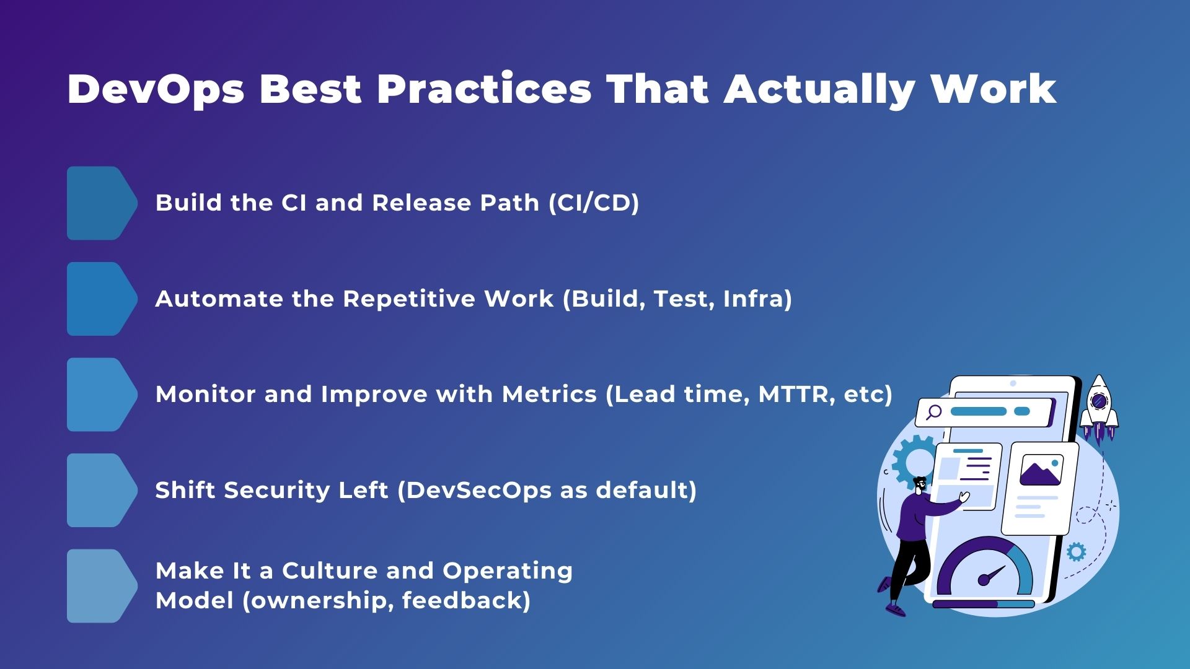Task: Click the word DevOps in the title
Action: (x=156, y=90)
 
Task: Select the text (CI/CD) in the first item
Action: (x=594, y=203)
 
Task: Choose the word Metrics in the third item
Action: (x=549, y=395)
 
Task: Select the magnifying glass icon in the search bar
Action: (x=933, y=412)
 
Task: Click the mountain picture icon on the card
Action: (x=1041, y=471)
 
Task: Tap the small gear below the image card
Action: (x=1077, y=551)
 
